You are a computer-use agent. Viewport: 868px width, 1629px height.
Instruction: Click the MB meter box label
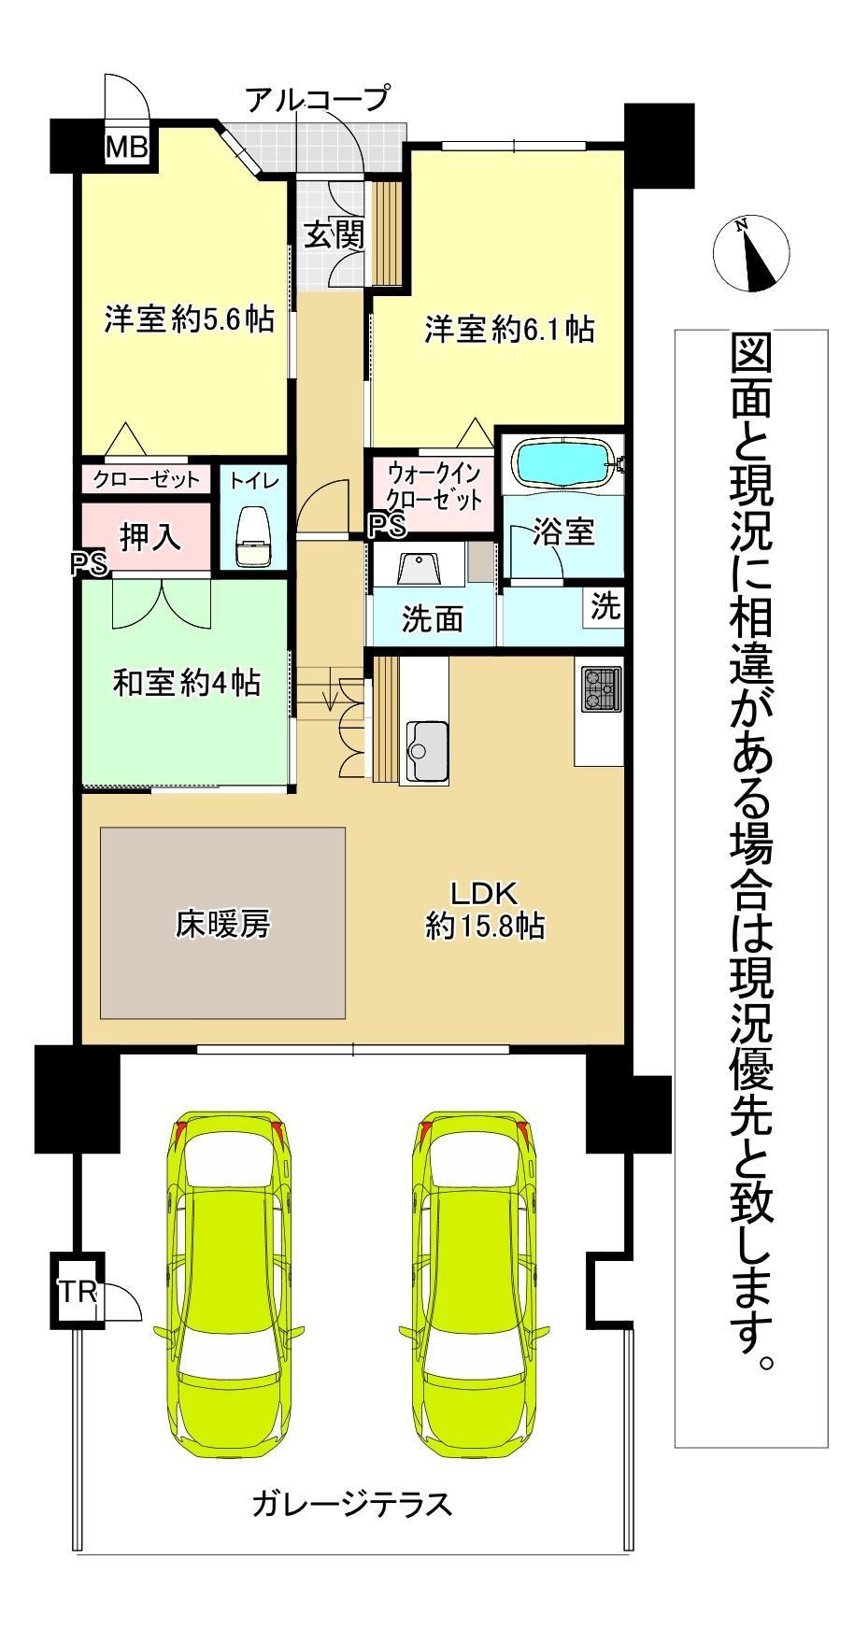(x=126, y=148)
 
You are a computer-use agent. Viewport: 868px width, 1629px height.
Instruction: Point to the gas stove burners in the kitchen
(x=598, y=689)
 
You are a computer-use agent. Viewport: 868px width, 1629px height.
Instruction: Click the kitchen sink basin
(x=424, y=750)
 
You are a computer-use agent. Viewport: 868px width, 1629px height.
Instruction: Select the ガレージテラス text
(x=351, y=1504)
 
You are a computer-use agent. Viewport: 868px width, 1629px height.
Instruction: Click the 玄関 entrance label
(x=334, y=235)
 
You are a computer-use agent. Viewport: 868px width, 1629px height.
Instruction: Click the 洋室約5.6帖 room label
(x=190, y=319)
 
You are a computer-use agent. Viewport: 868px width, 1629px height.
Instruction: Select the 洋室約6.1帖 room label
(x=510, y=329)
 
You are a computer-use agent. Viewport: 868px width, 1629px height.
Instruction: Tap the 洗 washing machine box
(x=605, y=608)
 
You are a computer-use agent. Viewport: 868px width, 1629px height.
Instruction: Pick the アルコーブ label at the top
(x=317, y=98)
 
